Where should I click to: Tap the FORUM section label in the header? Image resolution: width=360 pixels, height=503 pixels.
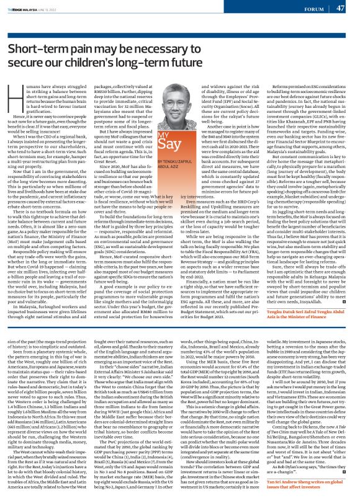click(x=309, y=8)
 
